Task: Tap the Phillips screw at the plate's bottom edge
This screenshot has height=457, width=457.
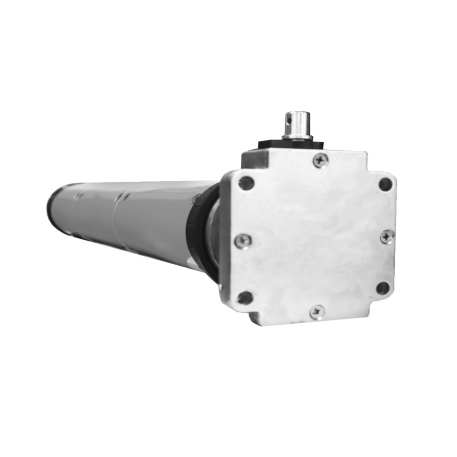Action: [x=317, y=312]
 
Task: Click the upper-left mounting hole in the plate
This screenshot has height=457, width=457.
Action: [x=246, y=183]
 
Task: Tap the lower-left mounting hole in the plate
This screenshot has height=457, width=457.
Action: [x=245, y=298]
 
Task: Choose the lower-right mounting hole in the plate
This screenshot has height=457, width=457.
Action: [x=383, y=288]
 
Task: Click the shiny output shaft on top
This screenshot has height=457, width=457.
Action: [x=296, y=123]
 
